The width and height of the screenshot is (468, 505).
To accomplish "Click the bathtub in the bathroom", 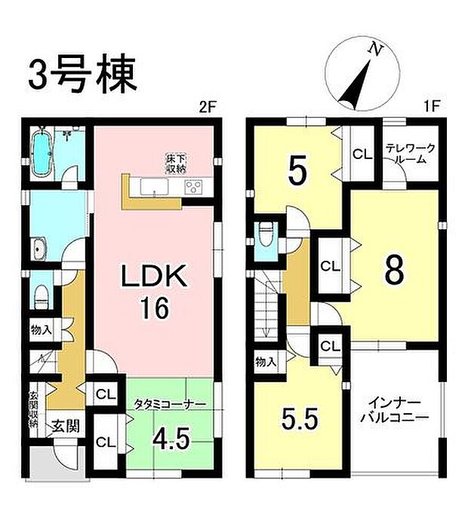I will tap(42, 152).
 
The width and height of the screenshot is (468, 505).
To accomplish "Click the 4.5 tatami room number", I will tap(170, 438).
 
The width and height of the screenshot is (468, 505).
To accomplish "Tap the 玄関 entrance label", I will tap(62, 428).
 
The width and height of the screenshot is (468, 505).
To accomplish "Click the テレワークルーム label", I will tap(409, 154).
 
